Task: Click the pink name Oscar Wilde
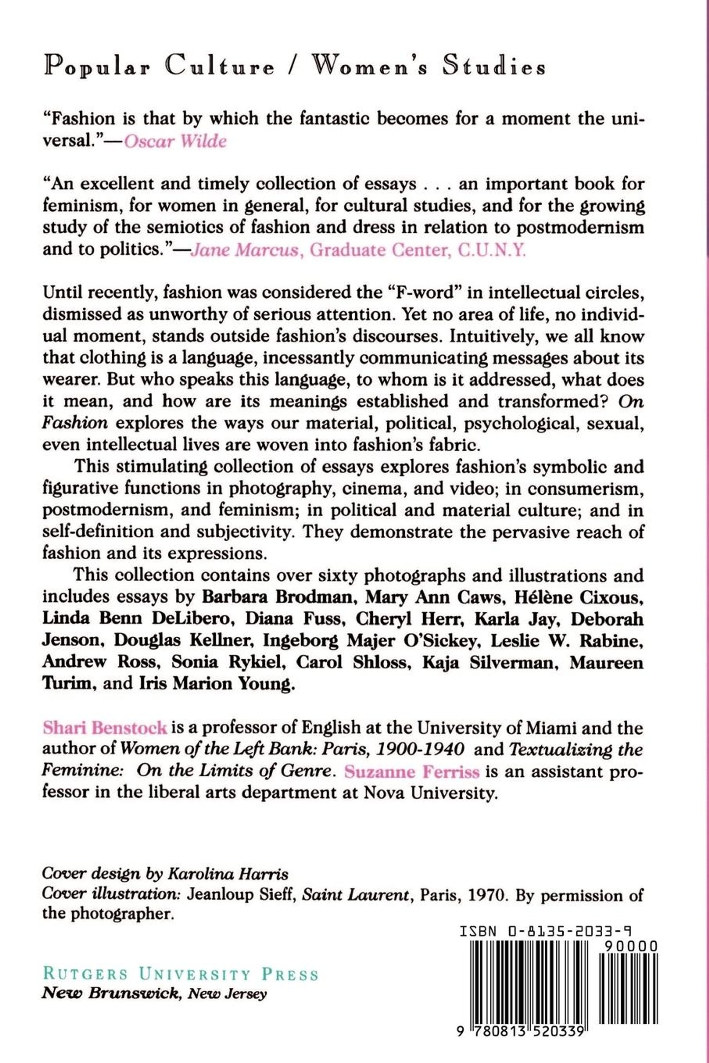pos(175,141)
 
